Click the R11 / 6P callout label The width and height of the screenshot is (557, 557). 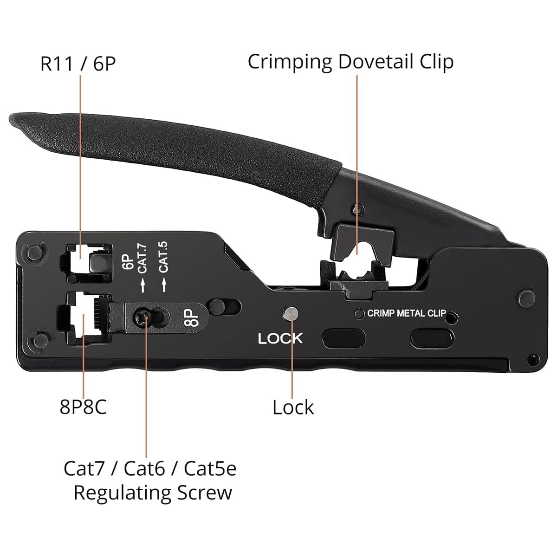78,64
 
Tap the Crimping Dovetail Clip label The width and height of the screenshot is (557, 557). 350,62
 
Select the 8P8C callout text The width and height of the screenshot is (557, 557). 83,407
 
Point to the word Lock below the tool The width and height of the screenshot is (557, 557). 293,407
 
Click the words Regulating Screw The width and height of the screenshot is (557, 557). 153,492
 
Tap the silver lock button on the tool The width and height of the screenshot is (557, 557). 291,314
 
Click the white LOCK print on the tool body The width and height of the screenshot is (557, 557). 280,338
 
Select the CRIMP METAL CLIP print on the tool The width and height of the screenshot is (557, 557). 407,313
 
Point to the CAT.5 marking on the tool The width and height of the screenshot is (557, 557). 163,257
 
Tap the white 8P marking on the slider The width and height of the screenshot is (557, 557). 194,317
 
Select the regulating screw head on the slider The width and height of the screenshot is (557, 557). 142,317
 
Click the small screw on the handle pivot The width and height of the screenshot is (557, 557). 359,209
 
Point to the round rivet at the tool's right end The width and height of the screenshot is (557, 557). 526,298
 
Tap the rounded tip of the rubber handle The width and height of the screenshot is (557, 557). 14,121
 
